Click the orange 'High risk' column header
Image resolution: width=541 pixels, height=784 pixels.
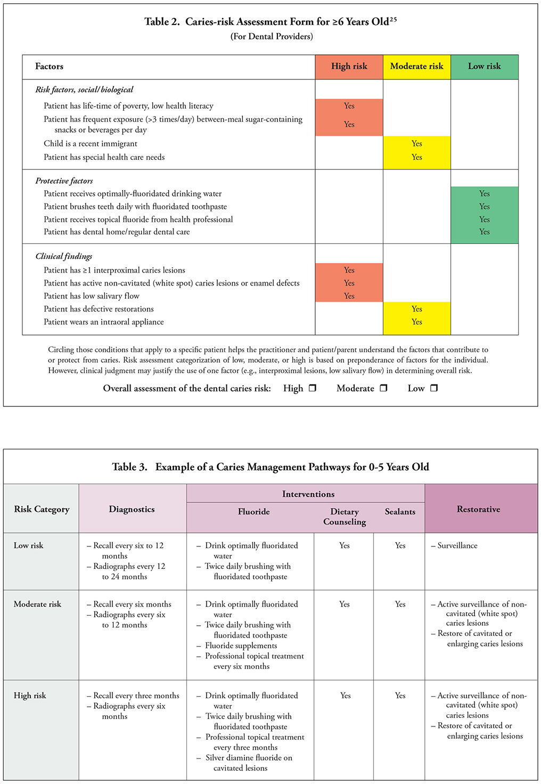tap(349, 67)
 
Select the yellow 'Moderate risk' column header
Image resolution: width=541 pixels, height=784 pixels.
tap(416, 67)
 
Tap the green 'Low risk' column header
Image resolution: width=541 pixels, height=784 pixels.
tap(484, 67)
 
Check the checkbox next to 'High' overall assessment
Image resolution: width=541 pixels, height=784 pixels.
tap(313, 388)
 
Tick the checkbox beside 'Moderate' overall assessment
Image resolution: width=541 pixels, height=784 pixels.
tap(383, 388)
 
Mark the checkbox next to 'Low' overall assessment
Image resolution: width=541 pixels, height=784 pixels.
tap(433, 388)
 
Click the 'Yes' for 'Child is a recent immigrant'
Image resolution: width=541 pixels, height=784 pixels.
tap(416, 144)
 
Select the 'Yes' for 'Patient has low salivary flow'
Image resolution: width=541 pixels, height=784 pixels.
tap(349, 296)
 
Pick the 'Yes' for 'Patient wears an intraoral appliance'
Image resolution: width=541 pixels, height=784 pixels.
tap(416, 322)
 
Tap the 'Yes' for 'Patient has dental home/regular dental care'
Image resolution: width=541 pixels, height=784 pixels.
tap(484, 232)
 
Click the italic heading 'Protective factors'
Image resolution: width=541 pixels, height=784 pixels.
tap(64, 181)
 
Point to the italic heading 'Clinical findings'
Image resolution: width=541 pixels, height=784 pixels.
tap(64, 257)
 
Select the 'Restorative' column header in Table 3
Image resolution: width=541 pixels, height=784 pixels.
tap(478, 509)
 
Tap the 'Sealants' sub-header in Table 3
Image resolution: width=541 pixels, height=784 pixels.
tap(400, 512)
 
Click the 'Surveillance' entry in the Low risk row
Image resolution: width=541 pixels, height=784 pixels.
tap(457, 546)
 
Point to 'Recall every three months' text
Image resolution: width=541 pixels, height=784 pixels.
tap(136, 696)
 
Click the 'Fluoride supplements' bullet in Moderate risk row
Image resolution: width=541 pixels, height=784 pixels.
tap(241, 646)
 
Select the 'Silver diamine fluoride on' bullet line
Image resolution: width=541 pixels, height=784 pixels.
tap(249, 758)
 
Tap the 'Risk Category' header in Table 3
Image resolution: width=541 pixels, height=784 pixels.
tap(42, 509)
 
